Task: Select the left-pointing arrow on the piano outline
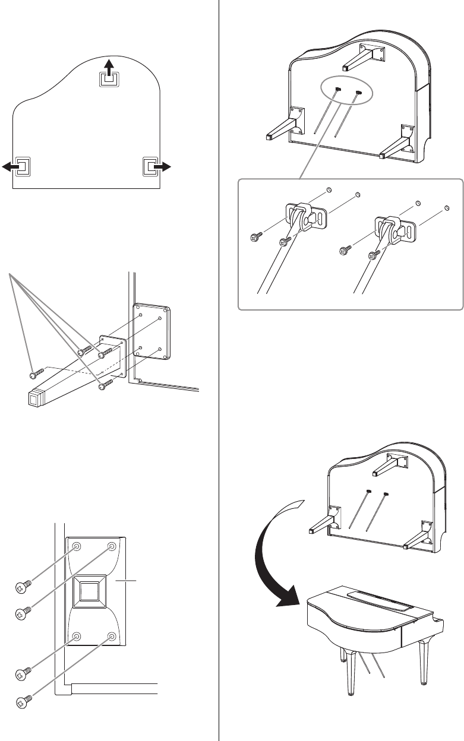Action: [x=11, y=167]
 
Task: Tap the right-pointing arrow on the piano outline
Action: [x=162, y=167]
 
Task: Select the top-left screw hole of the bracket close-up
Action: [x=77, y=546]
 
